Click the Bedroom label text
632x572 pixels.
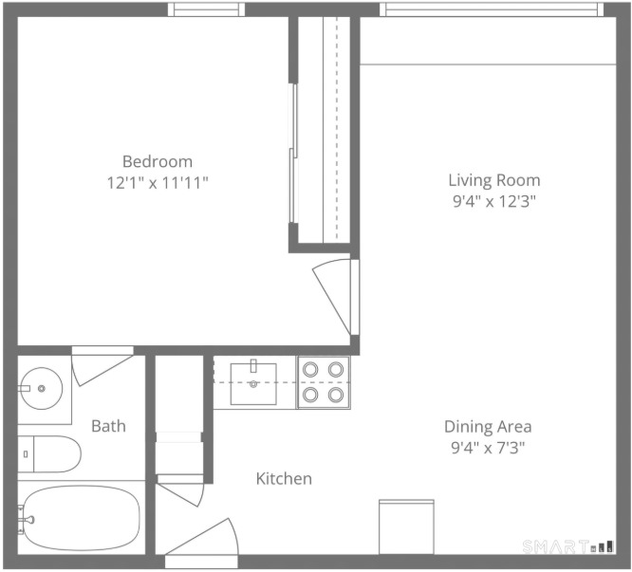point(158,161)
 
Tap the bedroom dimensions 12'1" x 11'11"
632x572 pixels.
point(158,183)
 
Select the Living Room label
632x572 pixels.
point(494,180)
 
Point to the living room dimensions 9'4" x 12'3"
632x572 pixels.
point(494,201)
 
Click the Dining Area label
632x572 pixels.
point(488,427)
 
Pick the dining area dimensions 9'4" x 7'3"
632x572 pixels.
point(488,448)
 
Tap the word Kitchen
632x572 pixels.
point(284,478)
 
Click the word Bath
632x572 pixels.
point(108,426)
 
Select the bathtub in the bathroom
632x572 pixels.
point(81,518)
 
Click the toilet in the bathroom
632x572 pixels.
point(49,454)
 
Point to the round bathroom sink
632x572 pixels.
point(42,388)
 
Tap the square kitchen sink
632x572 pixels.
point(253,383)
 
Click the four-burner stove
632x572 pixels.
point(324,382)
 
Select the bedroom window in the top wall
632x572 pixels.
point(206,9)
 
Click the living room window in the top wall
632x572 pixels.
point(492,9)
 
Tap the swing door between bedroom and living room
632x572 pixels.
point(336,297)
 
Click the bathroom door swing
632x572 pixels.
point(102,366)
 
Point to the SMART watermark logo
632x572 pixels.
point(568,546)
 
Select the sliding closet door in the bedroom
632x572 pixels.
point(293,154)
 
